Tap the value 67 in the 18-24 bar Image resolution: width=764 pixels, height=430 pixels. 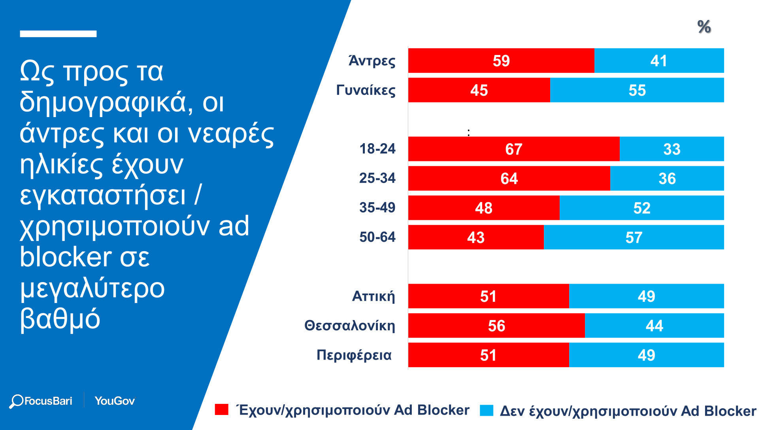[513, 149]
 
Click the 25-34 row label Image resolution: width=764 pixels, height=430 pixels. [377, 178]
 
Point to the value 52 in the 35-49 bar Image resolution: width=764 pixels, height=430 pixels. [641, 208]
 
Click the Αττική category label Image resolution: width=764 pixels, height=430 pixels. [373, 296]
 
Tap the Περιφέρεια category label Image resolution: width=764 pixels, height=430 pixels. [354, 355]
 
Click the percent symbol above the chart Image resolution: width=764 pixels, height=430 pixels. [704, 27]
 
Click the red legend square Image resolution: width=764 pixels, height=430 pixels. [221, 410]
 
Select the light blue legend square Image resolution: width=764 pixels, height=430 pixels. [487, 411]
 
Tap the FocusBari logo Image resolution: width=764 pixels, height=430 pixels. [41, 401]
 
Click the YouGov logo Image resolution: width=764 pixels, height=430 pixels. [115, 401]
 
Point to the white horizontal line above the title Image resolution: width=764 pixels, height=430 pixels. [58, 34]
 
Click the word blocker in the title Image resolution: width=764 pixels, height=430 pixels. [66, 257]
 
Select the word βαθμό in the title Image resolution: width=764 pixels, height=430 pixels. [60, 319]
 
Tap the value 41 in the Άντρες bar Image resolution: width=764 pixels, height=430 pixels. [658, 61]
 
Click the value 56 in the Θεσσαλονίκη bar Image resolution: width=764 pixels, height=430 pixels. [496, 326]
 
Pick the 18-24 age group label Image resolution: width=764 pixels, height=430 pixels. [377, 149]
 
